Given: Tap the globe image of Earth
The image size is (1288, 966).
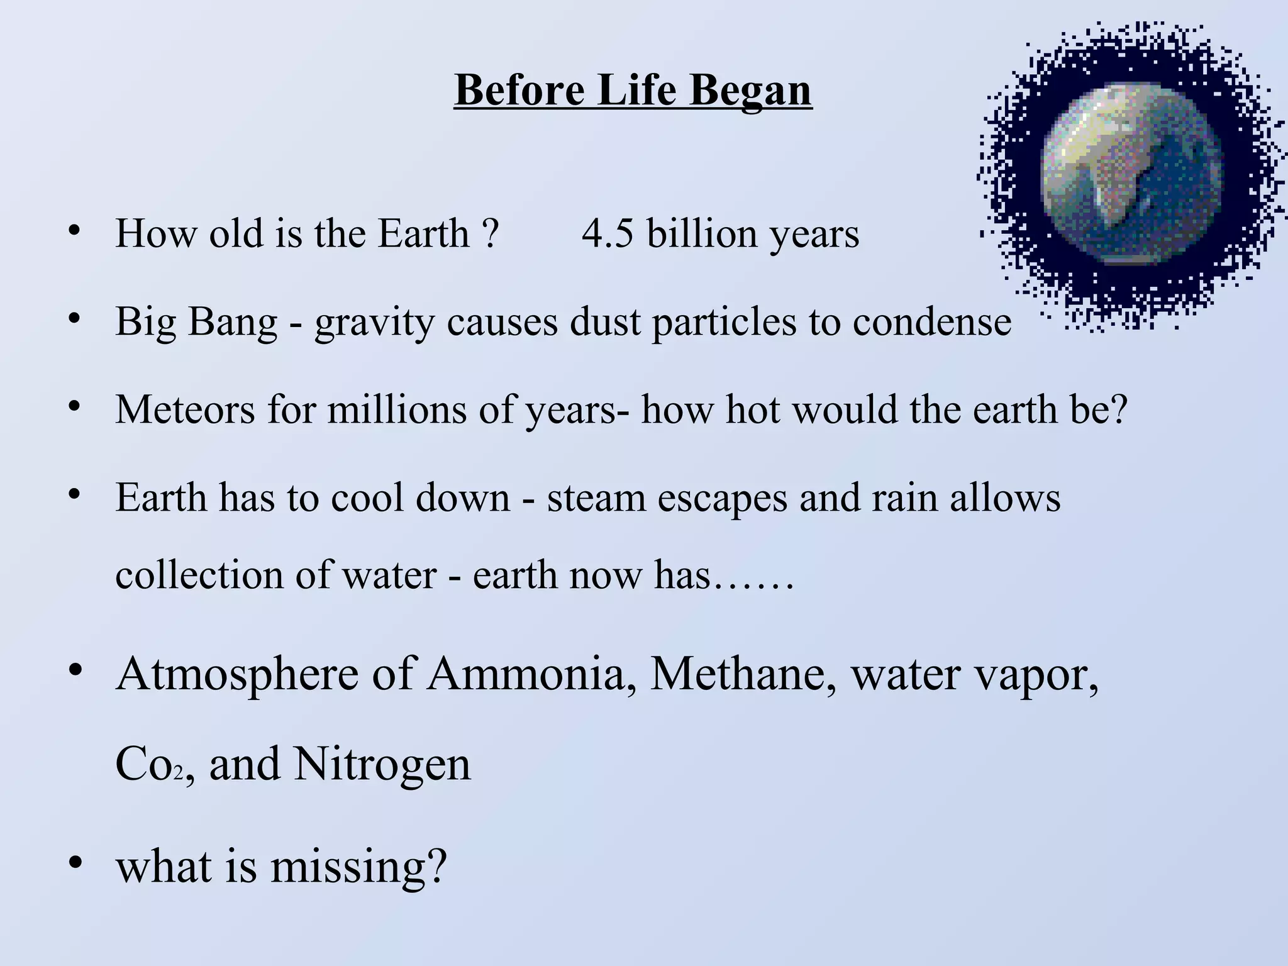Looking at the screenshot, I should click(x=1132, y=175).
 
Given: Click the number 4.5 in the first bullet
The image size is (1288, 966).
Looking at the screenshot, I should click(x=607, y=234).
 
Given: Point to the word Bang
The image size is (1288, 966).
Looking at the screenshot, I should click(x=232, y=322).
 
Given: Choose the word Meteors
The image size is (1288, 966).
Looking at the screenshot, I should click(x=185, y=410).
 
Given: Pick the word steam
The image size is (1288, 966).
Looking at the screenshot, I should click(x=596, y=498).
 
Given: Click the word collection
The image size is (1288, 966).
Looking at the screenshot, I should click(x=199, y=575).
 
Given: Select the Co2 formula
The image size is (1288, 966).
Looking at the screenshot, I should click(x=150, y=765).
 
